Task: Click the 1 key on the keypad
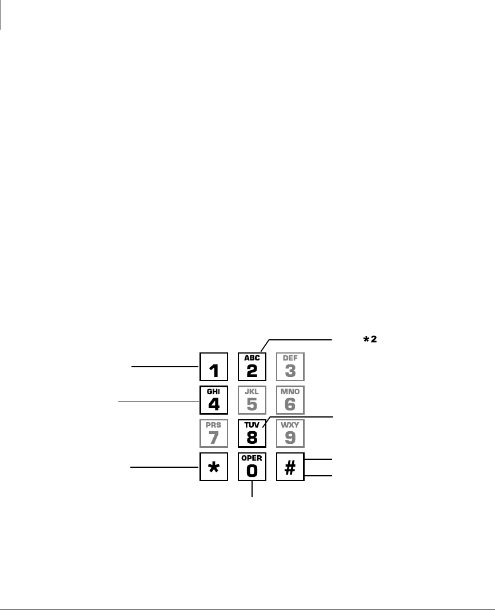coord(214,366)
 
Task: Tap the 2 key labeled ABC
coord(252,366)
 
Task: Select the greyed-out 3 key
coord(290,366)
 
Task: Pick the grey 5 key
coord(252,400)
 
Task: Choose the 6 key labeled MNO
coord(290,400)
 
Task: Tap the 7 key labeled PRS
coord(214,434)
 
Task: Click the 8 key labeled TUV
coord(252,434)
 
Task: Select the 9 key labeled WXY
coord(290,434)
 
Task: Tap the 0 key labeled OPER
coord(252,467)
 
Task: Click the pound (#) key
coord(290,467)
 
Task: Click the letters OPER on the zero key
coord(252,459)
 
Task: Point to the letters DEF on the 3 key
coord(290,358)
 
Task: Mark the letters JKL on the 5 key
coord(252,392)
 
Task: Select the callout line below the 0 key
coord(252,488)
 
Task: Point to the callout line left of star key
coord(165,467)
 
